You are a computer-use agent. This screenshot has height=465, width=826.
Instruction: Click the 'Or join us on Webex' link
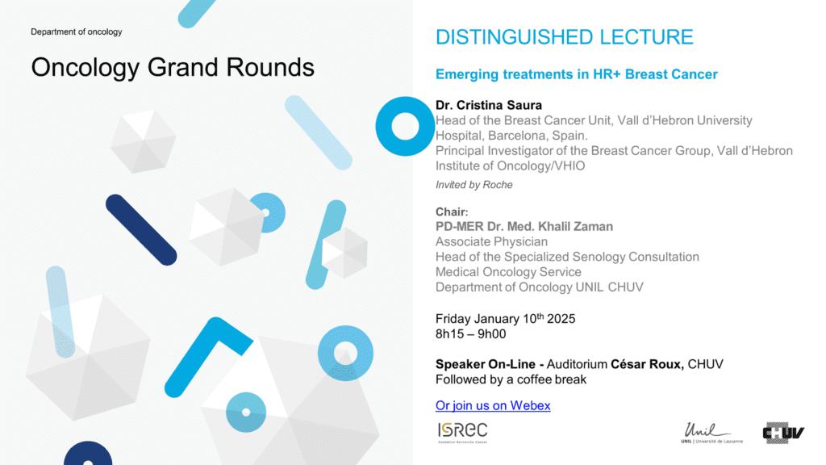[493, 405]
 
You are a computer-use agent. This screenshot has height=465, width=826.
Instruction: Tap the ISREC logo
[462, 433]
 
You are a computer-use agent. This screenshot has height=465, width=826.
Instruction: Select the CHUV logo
[783, 433]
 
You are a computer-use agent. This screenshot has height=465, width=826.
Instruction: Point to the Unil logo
[711, 433]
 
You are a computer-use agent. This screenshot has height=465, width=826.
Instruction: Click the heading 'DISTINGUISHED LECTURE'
[564, 37]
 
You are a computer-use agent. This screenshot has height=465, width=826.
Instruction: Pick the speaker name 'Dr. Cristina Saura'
[488, 105]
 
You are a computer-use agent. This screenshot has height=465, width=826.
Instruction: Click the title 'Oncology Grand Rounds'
[173, 68]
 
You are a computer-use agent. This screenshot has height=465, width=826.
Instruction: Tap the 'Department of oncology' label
[77, 31]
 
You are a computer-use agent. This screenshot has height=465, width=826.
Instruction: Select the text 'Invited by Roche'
[473, 185]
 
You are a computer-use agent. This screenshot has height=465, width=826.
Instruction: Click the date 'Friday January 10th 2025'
[505, 318]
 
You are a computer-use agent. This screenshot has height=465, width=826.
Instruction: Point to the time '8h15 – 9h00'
[470, 333]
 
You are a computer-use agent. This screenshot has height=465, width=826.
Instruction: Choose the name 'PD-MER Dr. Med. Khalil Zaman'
[524, 226]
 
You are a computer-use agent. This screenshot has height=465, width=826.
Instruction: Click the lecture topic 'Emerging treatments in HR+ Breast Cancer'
[576, 74]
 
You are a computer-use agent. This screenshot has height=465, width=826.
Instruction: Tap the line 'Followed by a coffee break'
[511, 379]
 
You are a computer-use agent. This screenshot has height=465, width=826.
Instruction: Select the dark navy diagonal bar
[141, 230]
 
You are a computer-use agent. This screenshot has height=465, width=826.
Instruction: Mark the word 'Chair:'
[452, 212]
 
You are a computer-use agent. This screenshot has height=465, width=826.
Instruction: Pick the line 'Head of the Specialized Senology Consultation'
[567, 257]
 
